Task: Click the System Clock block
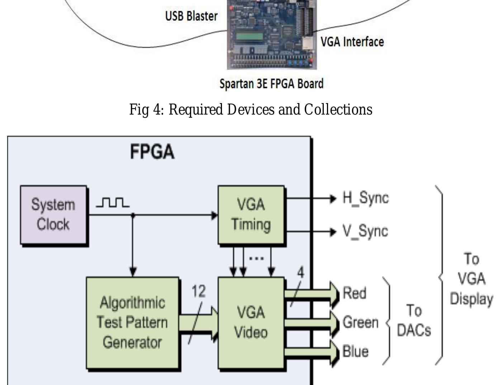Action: pos(53,215)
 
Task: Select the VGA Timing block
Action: pos(251,215)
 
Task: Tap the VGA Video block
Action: pos(251,322)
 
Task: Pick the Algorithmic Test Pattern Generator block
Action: pos(132,322)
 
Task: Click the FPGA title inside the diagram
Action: pos(152,152)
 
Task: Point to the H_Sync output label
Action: pos(365,198)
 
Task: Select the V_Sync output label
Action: pos(365,231)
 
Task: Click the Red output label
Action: pos(354,293)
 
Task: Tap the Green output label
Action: pos(360,322)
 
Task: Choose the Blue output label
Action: pos(355,351)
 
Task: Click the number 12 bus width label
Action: pos(199,291)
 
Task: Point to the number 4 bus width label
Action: pos(300,273)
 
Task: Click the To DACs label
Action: pos(414,320)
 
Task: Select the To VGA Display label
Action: pos(471,279)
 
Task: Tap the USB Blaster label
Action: pos(191,16)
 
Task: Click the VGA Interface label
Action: pos(352,42)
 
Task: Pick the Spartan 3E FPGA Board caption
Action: pos(271,84)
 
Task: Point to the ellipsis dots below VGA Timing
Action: pos(256,258)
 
